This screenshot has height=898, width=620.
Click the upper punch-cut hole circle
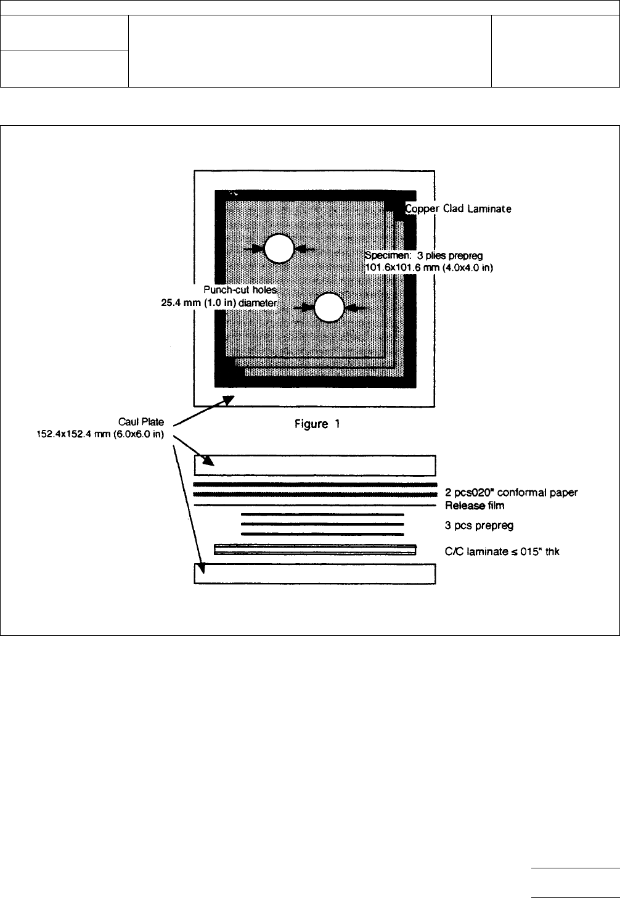click(x=279, y=249)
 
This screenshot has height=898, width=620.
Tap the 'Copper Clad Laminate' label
click(x=458, y=209)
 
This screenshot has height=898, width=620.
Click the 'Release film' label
click(x=475, y=506)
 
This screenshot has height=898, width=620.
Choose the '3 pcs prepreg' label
click(x=479, y=526)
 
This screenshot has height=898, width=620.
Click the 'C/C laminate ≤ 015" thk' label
click(x=502, y=552)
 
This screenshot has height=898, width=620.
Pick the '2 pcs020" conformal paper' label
click(x=510, y=492)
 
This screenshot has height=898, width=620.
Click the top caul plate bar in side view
click(x=315, y=466)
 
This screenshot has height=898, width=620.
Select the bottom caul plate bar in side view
click(x=315, y=574)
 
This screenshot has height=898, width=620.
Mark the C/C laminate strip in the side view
click(x=315, y=550)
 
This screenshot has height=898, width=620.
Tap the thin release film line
click(x=315, y=506)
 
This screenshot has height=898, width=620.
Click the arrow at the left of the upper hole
click(x=253, y=249)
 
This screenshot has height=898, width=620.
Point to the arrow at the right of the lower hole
click(x=356, y=307)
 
